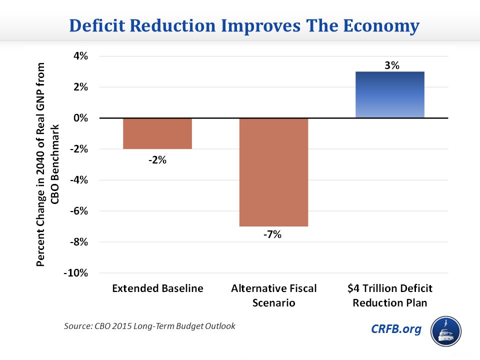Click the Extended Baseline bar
pos(157,133)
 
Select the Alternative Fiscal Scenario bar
pos(273,172)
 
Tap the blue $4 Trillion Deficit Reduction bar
pos(389,95)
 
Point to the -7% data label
pos(273,234)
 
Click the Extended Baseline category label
pos(158,288)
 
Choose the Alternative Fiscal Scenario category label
pos(273,295)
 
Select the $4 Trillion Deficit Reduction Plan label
pos(390,295)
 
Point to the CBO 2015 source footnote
pos(149,326)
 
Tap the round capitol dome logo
pos(446,330)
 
